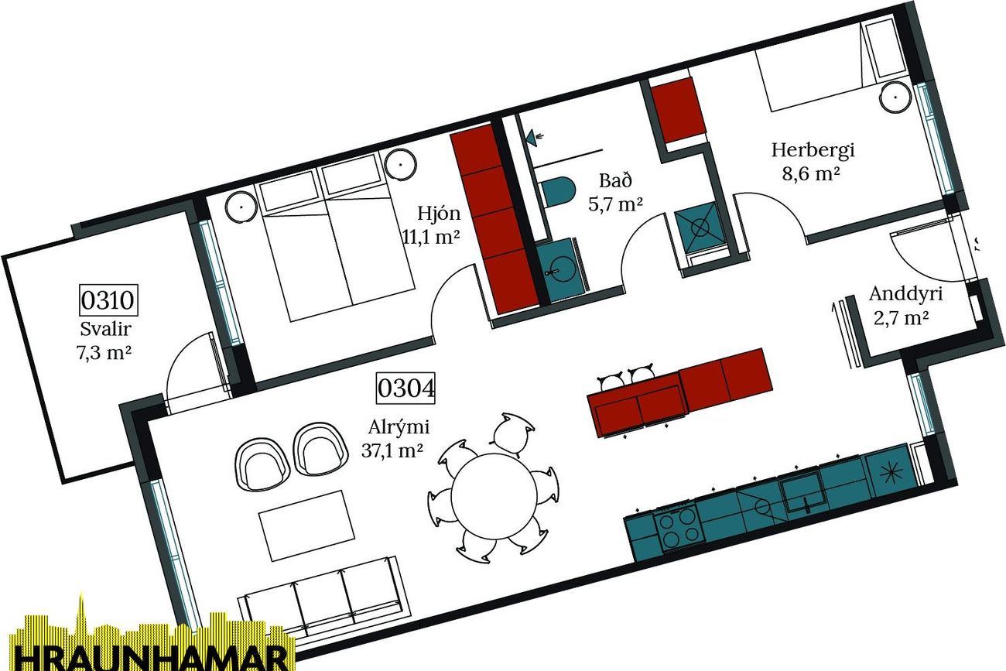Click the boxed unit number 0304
[x=405, y=388]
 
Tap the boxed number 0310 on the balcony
[x=108, y=300]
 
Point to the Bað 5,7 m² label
[x=616, y=192]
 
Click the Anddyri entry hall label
[x=905, y=306]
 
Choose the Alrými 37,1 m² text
[x=395, y=438]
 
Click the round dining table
[x=494, y=496]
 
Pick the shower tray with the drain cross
[x=699, y=228]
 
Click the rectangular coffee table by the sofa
[x=306, y=526]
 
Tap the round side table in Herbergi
[x=895, y=97]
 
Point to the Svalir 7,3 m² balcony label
[x=104, y=341]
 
